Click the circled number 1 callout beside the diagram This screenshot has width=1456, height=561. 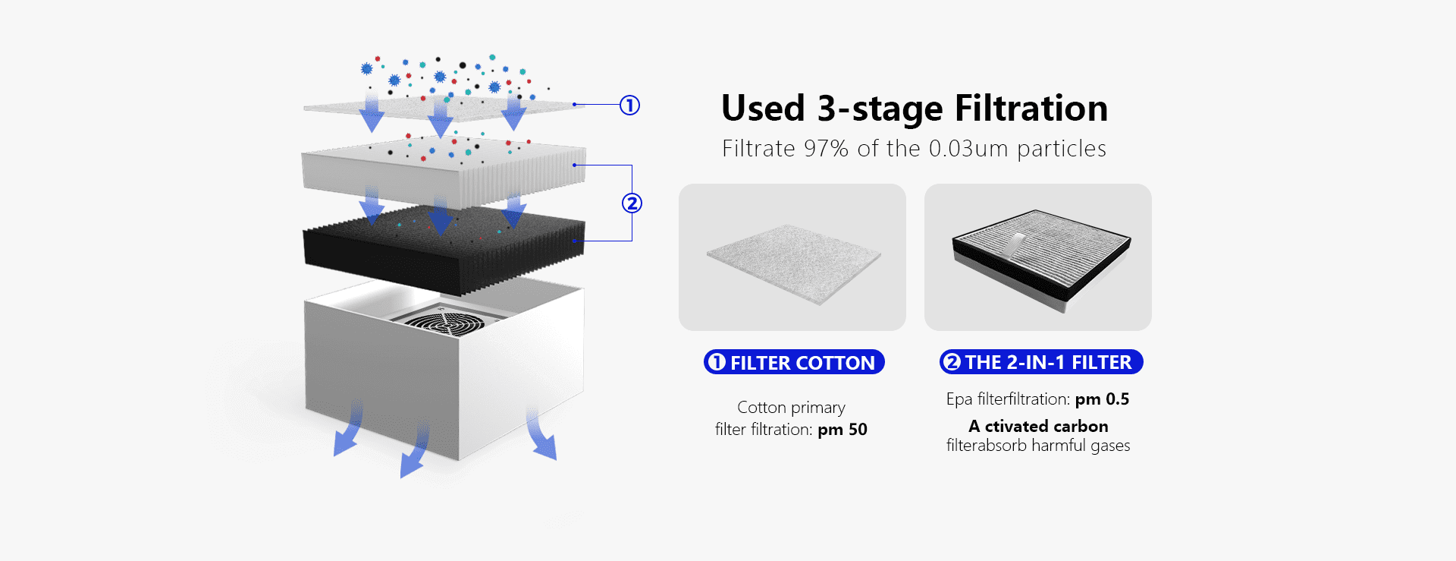tap(629, 105)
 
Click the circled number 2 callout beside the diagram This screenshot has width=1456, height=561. tap(632, 203)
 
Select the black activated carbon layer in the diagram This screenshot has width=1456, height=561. tap(444, 251)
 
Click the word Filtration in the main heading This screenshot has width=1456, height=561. tap(1031, 108)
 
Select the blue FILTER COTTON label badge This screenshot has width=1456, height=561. tap(794, 362)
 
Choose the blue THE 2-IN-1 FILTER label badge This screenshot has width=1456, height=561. tap(1041, 362)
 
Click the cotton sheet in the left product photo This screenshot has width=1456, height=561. tap(794, 263)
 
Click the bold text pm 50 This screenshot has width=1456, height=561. tap(843, 430)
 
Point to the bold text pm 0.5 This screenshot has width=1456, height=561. tap(1102, 399)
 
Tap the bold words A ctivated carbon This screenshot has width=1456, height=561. tap(1038, 426)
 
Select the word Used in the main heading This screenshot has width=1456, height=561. tap(763, 108)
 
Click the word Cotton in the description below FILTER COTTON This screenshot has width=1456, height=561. tap(761, 408)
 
